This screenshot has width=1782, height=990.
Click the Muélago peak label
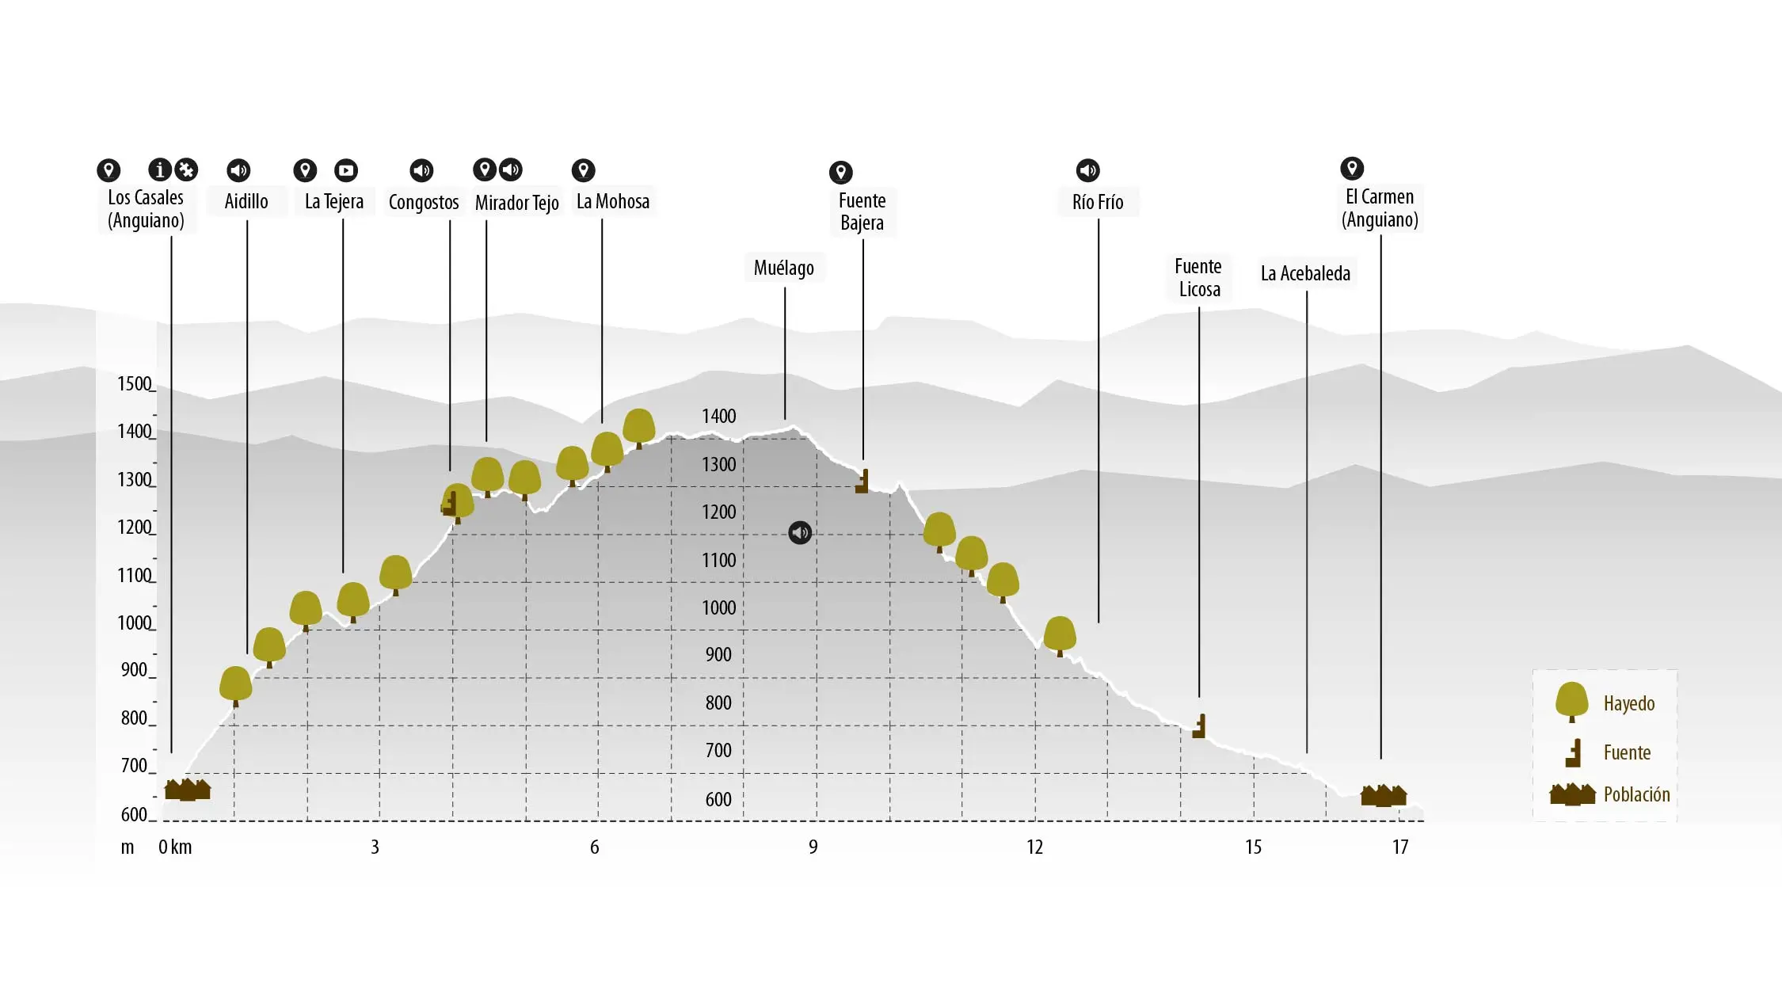tap(783, 268)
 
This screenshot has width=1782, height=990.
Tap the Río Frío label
tap(1098, 202)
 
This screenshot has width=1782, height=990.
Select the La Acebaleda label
tap(1305, 273)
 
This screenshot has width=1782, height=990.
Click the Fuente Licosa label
tap(1198, 277)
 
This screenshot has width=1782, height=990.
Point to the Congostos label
tap(423, 202)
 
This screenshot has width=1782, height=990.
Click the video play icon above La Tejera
tap(346, 170)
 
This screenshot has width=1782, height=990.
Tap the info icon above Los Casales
tap(160, 169)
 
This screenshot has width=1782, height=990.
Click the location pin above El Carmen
tap(1352, 168)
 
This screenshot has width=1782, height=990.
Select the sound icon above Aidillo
tap(238, 170)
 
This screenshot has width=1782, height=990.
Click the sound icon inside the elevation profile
tap(800, 532)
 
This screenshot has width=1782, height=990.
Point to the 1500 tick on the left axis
tap(135, 384)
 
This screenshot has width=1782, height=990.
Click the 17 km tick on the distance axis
tap(1400, 847)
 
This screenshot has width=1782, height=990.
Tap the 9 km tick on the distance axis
tap(813, 847)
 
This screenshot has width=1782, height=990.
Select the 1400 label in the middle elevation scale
tap(718, 416)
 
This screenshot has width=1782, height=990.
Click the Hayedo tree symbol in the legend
tap(1571, 702)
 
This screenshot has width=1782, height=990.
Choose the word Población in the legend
tap(1636, 794)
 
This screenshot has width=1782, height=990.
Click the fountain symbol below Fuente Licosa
tap(1199, 726)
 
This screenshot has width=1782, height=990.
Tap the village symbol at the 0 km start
tap(187, 790)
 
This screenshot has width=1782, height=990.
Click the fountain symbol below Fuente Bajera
tap(862, 482)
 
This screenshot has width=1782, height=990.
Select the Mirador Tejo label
tap(516, 203)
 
